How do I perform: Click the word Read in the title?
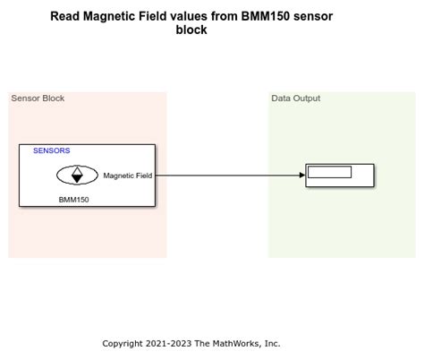[64, 16]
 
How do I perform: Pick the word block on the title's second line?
[191, 30]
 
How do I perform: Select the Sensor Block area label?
[38, 99]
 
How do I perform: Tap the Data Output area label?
[295, 99]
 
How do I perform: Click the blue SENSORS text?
[51, 151]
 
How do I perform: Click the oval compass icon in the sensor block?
[77, 176]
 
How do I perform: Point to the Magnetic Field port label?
[127, 176]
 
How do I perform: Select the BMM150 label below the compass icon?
[73, 200]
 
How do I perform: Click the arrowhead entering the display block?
[301, 176]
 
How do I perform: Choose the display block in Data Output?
[361, 182]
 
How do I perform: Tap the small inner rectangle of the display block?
[329, 172]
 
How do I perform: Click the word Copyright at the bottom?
[123, 343]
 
